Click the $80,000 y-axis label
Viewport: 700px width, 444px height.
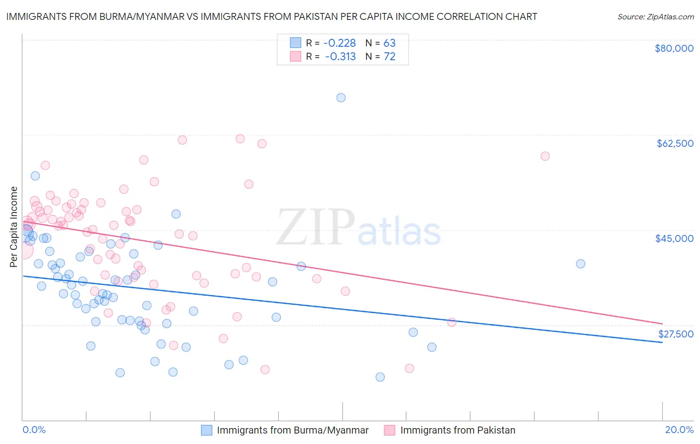[674, 48]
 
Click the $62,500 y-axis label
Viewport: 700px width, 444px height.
[675, 143]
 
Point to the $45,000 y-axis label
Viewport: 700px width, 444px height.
[674, 238]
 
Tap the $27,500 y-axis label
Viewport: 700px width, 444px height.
[676, 333]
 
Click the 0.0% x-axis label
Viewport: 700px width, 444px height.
[34, 430]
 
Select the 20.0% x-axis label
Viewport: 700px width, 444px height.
[679, 430]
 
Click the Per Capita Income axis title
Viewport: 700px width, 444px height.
[13, 226]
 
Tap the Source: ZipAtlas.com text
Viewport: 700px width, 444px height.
[655, 16]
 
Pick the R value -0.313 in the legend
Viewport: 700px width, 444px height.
[341, 57]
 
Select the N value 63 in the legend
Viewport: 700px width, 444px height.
[389, 43]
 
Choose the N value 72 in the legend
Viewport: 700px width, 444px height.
[389, 57]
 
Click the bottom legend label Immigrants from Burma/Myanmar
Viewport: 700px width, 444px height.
[293, 430]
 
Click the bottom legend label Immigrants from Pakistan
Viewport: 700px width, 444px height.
[458, 430]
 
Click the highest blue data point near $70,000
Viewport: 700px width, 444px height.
[341, 98]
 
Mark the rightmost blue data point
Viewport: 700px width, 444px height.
[581, 264]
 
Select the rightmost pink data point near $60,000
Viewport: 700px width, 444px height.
[545, 156]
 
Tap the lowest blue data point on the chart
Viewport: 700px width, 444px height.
[380, 377]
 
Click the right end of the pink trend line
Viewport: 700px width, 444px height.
[662, 324]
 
